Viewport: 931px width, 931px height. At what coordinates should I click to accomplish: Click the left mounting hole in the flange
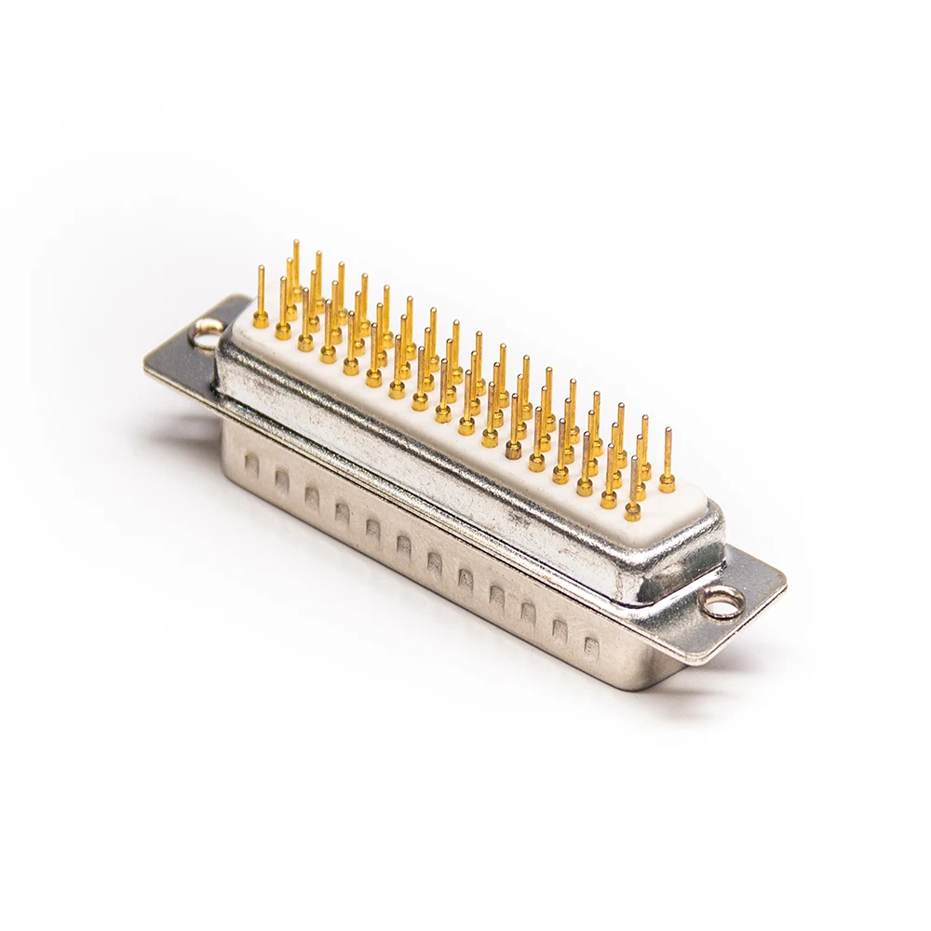[x=206, y=331]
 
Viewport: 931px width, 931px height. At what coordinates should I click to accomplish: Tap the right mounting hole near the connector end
[x=722, y=603]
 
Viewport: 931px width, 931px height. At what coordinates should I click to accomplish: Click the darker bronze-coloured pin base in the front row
[x=513, y=450]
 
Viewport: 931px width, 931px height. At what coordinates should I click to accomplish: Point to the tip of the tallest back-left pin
[x=296, y=244]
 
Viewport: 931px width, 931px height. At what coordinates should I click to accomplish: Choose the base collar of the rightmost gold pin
[x=667, y=483]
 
